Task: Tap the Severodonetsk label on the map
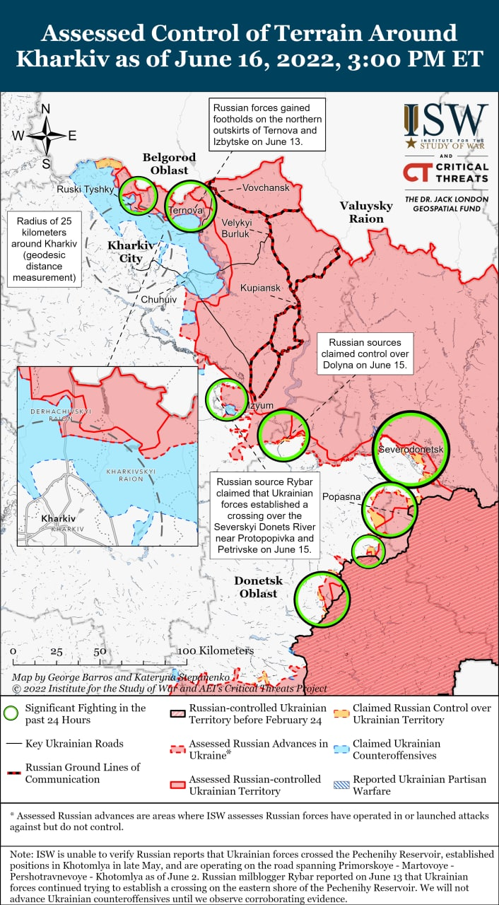(x=411, y=450)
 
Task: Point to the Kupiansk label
(x=260, y=288)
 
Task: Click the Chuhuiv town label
(x=158, y=300)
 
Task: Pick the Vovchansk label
(x=266, y=188)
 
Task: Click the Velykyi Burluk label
(x=236, y=227)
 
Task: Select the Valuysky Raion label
(x=365, y=212)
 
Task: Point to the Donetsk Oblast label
(x=258, y=587)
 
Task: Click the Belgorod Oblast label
(x=165, y=163)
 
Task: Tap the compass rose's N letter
(x=45, y=109)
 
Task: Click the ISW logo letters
(x=446, y=120)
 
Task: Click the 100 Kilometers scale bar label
(x=216, y=650)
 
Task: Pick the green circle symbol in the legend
(x=11, y=713)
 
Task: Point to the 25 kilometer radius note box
(x=43, y=248)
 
